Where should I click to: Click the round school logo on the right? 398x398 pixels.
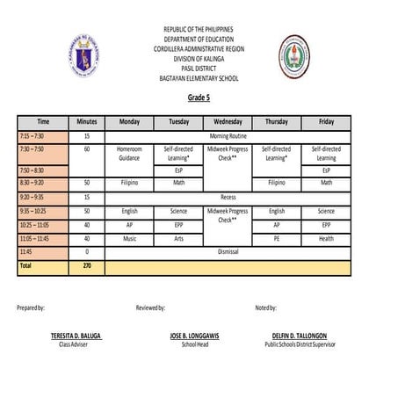294,57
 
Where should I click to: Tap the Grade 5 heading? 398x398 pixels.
199,98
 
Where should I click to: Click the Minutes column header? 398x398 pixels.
86,122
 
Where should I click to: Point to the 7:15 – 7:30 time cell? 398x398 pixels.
42,137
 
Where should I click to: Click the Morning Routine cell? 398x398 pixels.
227,137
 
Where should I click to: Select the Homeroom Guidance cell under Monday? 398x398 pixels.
129,154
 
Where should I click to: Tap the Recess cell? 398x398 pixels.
227,198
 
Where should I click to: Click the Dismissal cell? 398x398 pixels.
227,251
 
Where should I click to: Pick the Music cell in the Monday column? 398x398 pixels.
129,238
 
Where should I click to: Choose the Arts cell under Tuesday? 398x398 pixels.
178,238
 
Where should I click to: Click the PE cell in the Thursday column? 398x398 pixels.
276,238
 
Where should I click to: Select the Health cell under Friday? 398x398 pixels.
326,238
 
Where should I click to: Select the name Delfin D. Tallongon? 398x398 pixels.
299,336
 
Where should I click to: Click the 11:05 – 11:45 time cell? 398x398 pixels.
42,238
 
